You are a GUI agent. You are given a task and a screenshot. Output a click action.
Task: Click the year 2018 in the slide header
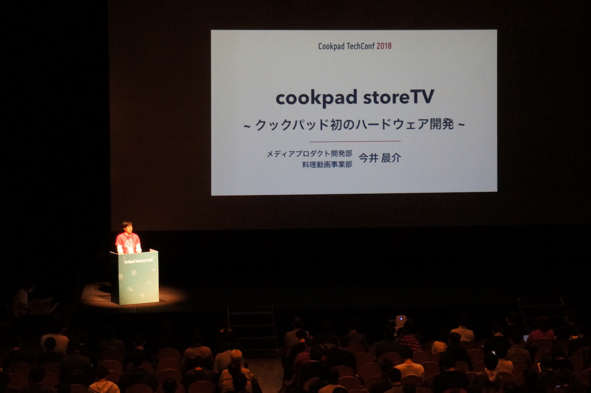tap(384, 46)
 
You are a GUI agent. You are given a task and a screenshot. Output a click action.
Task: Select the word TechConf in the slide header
tap(361, 46)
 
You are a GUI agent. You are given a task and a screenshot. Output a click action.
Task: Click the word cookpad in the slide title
tap(316, 97)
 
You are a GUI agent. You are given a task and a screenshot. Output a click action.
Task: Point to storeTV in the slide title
tap(398, 97)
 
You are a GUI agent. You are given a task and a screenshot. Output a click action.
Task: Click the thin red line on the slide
tap(355, 141)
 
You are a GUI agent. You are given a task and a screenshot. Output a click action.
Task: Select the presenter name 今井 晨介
tap(380, 158)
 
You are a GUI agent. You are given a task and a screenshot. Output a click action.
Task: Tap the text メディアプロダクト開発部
tap(309, 154)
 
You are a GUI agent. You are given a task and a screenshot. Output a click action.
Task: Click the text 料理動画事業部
tap(327, 165)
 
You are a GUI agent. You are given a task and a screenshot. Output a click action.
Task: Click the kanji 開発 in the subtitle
tap(442, 124)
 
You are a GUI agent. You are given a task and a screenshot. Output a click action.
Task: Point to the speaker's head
tap(127, 227)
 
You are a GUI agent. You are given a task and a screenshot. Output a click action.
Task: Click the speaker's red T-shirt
tap(128, 243)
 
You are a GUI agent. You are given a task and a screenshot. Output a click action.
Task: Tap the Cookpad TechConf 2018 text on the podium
tap(138, 261)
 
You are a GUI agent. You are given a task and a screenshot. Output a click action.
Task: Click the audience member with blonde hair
tap(236, 355)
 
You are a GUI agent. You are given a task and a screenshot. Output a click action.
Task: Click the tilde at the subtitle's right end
tap(461, 125)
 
